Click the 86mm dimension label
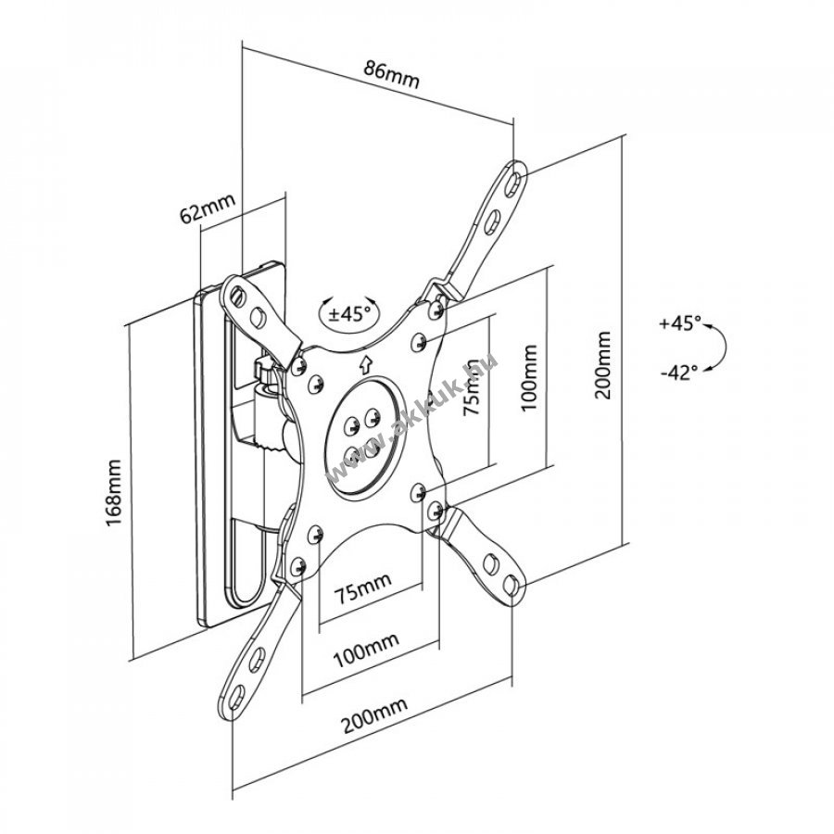(x=391, y=75)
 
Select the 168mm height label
(x=114, y=492)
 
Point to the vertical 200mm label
(x=603, y=365)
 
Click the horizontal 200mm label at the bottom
(x=374, y=714)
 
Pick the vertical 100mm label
(x=529, y=377)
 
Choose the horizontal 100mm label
(x=366, y=650)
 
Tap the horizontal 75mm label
(x=362, y=588)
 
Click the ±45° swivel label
(x=348, y=314)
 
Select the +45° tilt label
(x=680, y=322)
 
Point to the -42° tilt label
(x=678, y=373)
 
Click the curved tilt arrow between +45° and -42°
(x=721, y=347)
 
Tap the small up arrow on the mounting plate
(x=365, y=365)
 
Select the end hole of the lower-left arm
(x=237, y=697)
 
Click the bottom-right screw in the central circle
(x=372, y=451)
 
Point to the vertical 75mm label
(x=473, y=394)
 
